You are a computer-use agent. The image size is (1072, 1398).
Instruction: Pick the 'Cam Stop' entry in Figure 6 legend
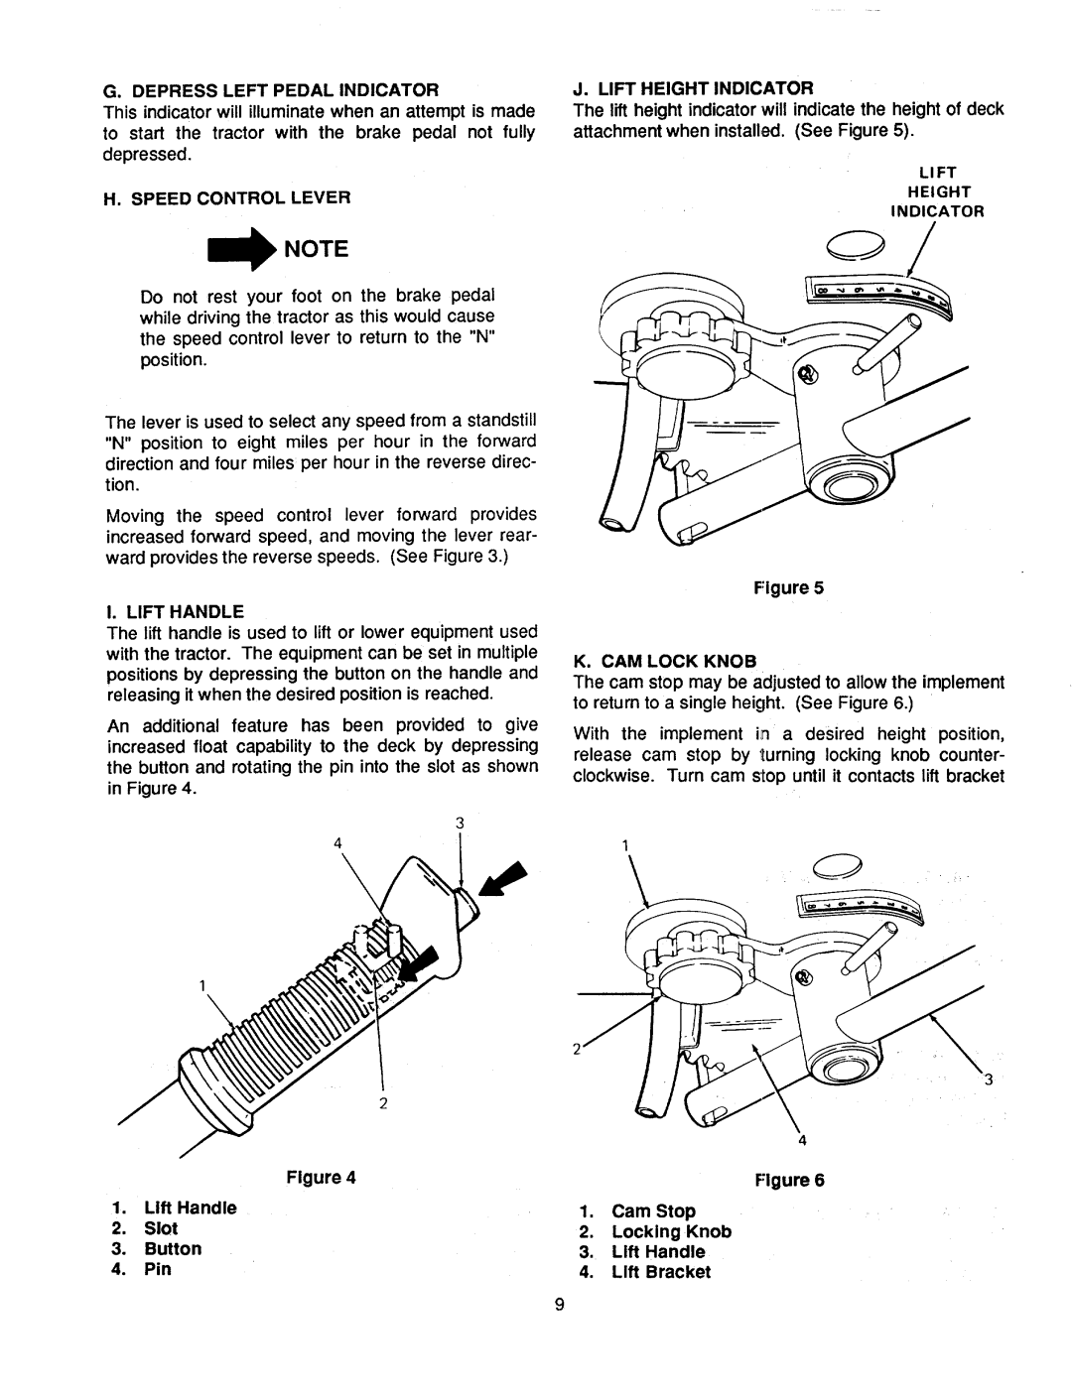[x=652, y=1210]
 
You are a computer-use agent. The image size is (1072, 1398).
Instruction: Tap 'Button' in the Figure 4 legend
[x=173, y=1248]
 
